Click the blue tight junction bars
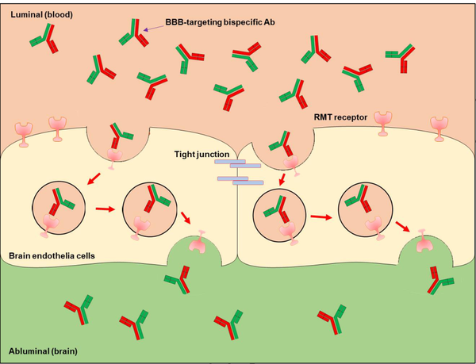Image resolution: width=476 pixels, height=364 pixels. (240, 174)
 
